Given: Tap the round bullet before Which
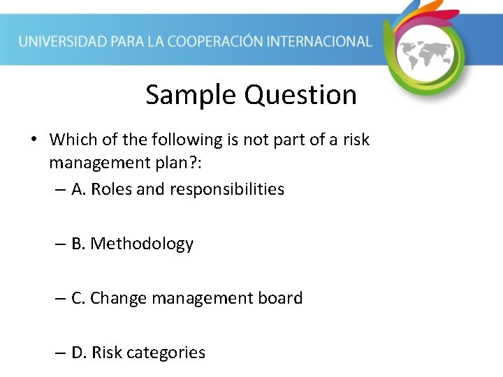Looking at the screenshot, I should point(34,140).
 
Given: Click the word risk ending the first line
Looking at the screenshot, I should point(355,140).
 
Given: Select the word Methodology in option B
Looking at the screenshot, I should point(142,244).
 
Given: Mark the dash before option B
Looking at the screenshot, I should point(61,244).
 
